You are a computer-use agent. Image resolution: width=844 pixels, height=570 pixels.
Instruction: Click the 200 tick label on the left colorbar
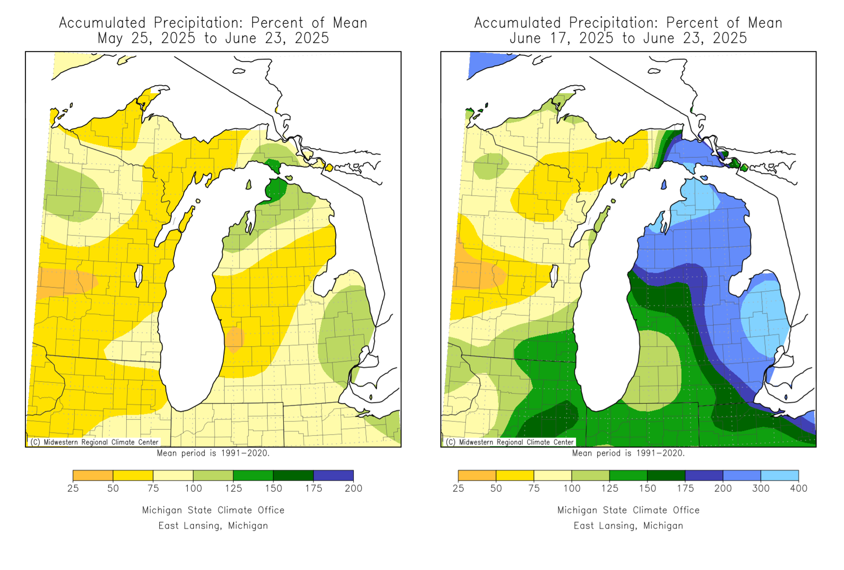(353, 488)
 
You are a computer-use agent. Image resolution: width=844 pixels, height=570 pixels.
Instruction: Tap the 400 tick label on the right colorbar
(798, 488)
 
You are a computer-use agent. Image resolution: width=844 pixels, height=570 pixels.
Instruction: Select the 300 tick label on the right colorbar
(760, 488)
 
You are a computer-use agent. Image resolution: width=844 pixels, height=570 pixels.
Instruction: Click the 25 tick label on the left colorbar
(73, 488)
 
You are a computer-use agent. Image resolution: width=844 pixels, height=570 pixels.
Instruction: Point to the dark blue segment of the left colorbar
(333, 476)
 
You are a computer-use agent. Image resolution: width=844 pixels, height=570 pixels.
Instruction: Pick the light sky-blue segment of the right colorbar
(779, 476)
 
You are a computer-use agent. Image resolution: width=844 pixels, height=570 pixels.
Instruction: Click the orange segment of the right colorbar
(477, 476)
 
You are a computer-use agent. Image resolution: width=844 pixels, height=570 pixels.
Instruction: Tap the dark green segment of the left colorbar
(293, 476)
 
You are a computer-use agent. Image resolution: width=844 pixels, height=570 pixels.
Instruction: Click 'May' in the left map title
(110, 38)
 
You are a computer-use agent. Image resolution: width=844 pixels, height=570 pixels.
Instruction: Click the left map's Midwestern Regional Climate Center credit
(94, 442)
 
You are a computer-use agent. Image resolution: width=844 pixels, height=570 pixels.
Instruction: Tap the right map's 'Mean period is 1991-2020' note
(628, 453)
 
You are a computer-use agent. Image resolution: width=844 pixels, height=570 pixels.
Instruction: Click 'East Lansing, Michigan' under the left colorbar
(213, 526)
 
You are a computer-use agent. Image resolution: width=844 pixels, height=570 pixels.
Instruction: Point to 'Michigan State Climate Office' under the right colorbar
(628, 510)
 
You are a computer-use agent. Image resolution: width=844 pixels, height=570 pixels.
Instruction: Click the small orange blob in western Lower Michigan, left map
(234, 339)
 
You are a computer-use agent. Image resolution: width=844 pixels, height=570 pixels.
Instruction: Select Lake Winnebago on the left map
(138, 275)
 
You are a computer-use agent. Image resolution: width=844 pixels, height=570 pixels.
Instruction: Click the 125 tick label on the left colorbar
(233, 488)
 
